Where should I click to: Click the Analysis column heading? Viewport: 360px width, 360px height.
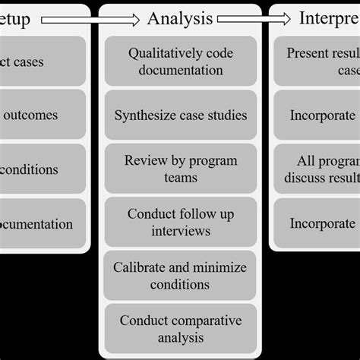180,19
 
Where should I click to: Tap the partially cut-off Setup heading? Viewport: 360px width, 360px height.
15,19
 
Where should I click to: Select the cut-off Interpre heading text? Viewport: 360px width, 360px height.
329,19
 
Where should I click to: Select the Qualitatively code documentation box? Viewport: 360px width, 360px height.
180,62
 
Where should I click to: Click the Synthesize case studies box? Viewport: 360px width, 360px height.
180,115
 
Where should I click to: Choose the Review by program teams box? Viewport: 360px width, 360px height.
180,169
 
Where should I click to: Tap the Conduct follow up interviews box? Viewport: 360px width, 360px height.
180,223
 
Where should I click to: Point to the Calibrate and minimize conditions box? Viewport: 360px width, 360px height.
180,276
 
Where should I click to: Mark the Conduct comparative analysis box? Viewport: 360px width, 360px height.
180,330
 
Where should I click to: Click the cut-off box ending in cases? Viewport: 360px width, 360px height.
43,62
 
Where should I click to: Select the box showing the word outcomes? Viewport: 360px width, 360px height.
43,115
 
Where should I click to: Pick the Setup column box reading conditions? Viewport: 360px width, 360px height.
43,169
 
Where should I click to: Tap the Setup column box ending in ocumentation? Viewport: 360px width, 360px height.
43,223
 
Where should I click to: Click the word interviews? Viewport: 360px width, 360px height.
180,231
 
